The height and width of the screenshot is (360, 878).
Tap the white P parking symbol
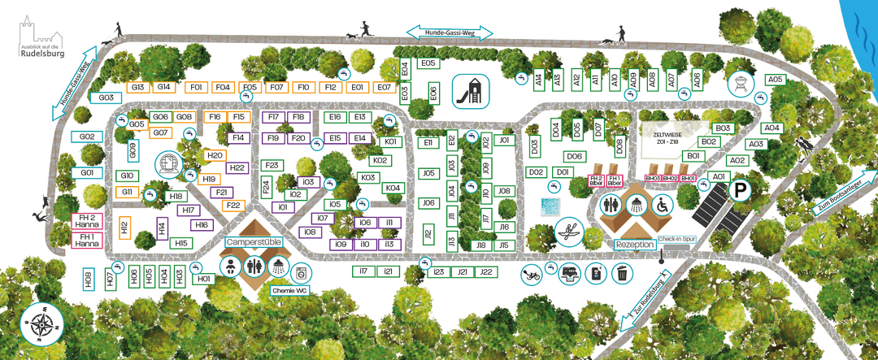click(741, 192)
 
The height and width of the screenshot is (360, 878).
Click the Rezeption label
click(634, 245)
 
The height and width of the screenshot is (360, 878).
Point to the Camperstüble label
click(254, 241)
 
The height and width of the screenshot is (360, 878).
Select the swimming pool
click(550, 204)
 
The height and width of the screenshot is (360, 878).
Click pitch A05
click(775, 80)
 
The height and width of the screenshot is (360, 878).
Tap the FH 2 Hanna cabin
click(87, 221)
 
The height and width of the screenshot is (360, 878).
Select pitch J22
click(486, 272)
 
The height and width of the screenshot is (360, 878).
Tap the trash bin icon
click(622, 274)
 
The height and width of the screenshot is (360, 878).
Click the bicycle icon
click(532, 274)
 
